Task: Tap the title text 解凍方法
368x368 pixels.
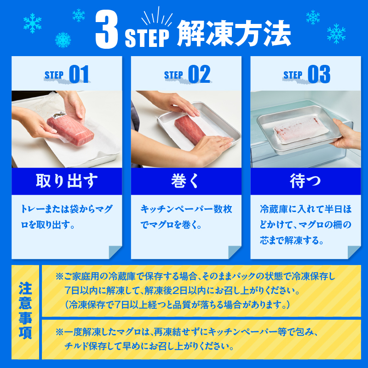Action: (x=234, y=33)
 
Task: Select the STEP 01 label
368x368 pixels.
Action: (x=67, y=75)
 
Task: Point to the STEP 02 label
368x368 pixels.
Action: (x=187, y=75)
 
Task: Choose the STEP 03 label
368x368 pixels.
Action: (x=306, y=75)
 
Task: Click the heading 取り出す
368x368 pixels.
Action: (x=67, y=181)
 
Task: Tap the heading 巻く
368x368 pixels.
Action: (x=185, y=181)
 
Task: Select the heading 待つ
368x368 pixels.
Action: (x=305, y=181)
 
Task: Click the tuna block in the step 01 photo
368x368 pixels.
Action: (x=70, y=130)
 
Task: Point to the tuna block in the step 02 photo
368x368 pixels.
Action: (x=190, y=130)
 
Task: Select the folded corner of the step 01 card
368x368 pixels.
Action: (x=115, y=252)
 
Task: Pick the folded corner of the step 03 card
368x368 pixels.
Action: (x=354, y=252)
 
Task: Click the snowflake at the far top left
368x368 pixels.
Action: (x=32, y=23)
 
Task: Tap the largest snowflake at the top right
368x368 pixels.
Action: (x=336, y=34)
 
